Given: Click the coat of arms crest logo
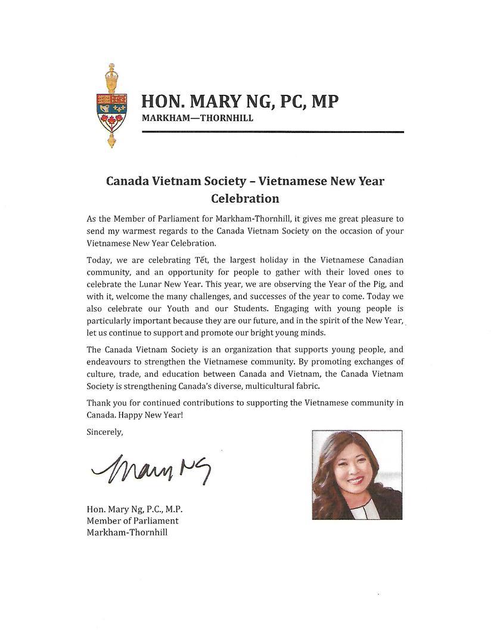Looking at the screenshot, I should click(x=111, y=108).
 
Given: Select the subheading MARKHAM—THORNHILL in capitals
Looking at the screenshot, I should click(x=197, y=118).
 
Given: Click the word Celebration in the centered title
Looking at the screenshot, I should click(x=245, y=198).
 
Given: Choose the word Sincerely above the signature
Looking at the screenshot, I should click(x=105, y=432).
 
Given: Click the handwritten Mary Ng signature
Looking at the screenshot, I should click(x=151, y=469).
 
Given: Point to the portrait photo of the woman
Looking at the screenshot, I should click(x=357, y=475).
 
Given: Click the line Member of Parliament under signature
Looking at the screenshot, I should click(x=132, y=521).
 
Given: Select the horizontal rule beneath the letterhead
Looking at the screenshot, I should click(x=272, y=132).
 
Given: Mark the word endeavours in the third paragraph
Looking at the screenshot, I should click(x=110, y=361).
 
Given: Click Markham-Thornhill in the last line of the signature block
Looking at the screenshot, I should click(x=127, y=532).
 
